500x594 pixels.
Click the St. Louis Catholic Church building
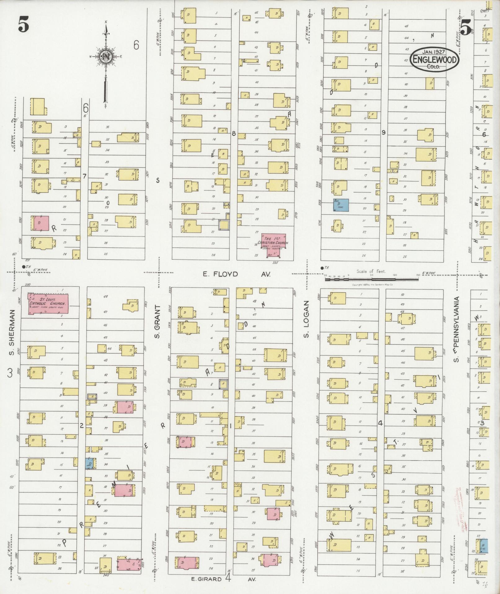pyautogui.click(x=48, y=304)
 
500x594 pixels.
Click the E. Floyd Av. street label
pyautogui.click(x=236, y=274)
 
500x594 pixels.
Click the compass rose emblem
pyautogui.click(x=106, y=57)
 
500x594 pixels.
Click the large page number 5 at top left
pyautogui.click(x=23, y=25)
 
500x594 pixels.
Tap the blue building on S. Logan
pyautogui.click(x=341, y=205)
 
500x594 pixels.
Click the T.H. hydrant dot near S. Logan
pyautogui.click(x=322, y=268)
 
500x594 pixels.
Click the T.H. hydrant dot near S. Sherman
pyautogui.click(x=24, y=266)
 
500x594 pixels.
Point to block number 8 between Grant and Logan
pyautogui.click(x=234, y=134)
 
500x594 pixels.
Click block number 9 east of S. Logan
pyautogui.click(x=383, y=133)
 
